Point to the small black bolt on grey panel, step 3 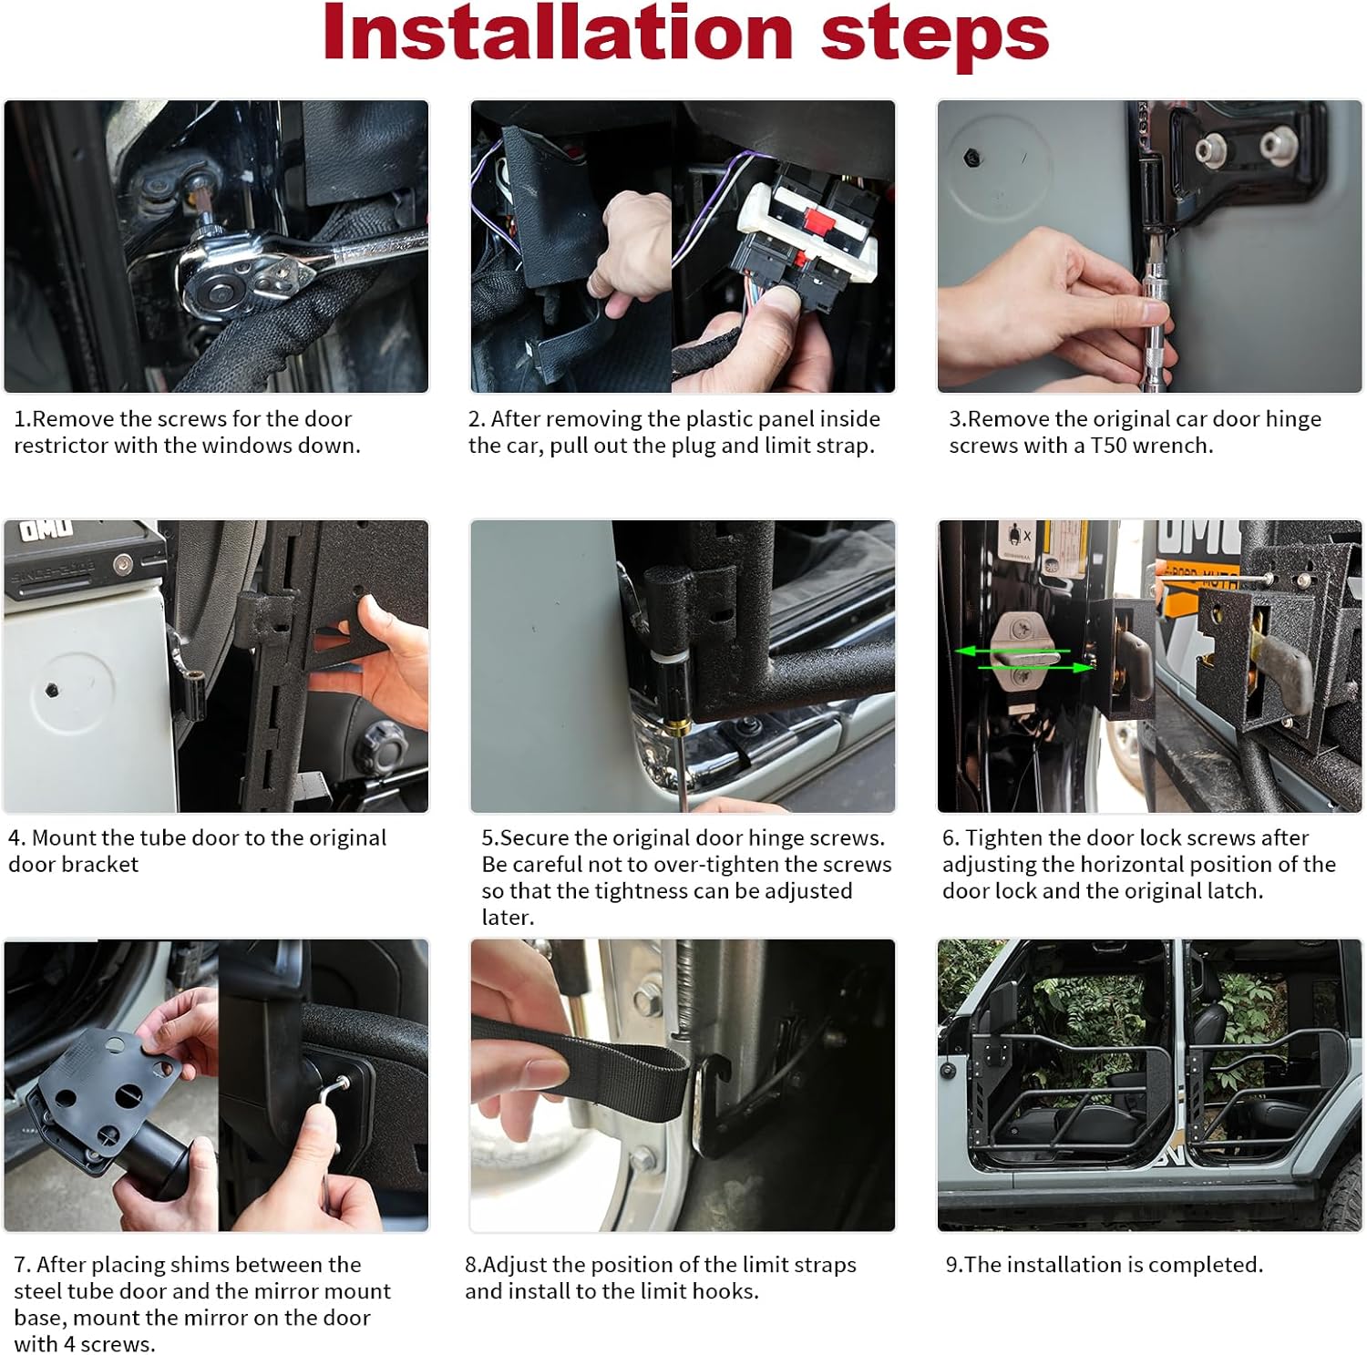(x=972, y=158)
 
